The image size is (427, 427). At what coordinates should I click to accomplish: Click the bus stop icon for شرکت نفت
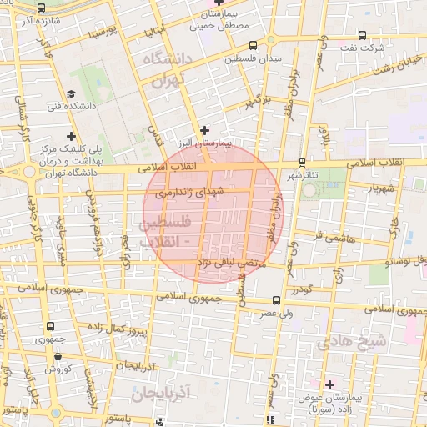point(360,36)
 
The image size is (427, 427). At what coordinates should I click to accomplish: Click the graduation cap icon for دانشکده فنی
point(72,93)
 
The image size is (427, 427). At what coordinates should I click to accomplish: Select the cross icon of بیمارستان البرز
point(205,128)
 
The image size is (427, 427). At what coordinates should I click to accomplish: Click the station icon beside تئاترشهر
point(301,163)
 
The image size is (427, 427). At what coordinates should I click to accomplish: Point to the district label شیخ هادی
point(387,341)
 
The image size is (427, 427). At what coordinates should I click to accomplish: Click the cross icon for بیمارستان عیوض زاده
point(330,384)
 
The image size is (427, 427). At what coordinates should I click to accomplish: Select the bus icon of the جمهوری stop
point(51,327)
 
